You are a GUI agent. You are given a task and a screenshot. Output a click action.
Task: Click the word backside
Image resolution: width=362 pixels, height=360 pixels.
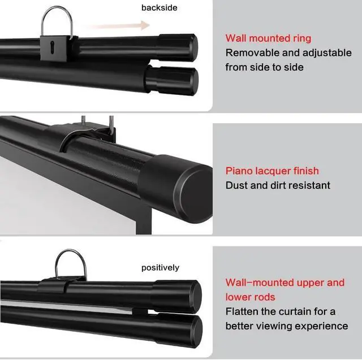pyautogui.click(x=160, y=7)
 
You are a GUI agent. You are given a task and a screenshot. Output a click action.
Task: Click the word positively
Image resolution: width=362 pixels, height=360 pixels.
pyautogui.click(x=160, y=268)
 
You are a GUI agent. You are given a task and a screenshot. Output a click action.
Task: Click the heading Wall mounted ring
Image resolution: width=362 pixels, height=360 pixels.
pyautogui.click(x=268, y=38)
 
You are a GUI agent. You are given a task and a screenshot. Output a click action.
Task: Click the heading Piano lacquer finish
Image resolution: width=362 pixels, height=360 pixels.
pyautogui.click(x=272, y=171)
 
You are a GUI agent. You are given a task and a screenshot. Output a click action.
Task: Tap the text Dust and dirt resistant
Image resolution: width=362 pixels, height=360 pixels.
pyautogui.click(x=278, y=185)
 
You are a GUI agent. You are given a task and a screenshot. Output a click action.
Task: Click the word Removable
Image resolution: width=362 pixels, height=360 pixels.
pyautogui.click(x=252, y=53)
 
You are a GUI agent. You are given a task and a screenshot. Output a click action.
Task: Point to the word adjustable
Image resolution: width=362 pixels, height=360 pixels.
pyautogui.click(x=327, y=53)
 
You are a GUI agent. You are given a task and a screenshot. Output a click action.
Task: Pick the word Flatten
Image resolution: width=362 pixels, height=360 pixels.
pyautogui.click(x=242, y=311)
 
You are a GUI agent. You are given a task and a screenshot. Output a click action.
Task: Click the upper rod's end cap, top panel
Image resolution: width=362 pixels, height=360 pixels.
pyautogui.click(x=178, y=47)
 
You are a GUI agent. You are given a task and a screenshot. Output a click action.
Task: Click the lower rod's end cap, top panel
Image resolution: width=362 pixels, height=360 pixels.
pyautogui.click(x=172, y=81)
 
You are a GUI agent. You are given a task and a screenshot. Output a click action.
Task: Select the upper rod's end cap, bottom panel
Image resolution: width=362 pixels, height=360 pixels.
pyautogui.click(x=177, y=296)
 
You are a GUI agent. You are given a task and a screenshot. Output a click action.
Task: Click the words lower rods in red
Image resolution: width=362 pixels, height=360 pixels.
pyautogui.click(x=250, y=297)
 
